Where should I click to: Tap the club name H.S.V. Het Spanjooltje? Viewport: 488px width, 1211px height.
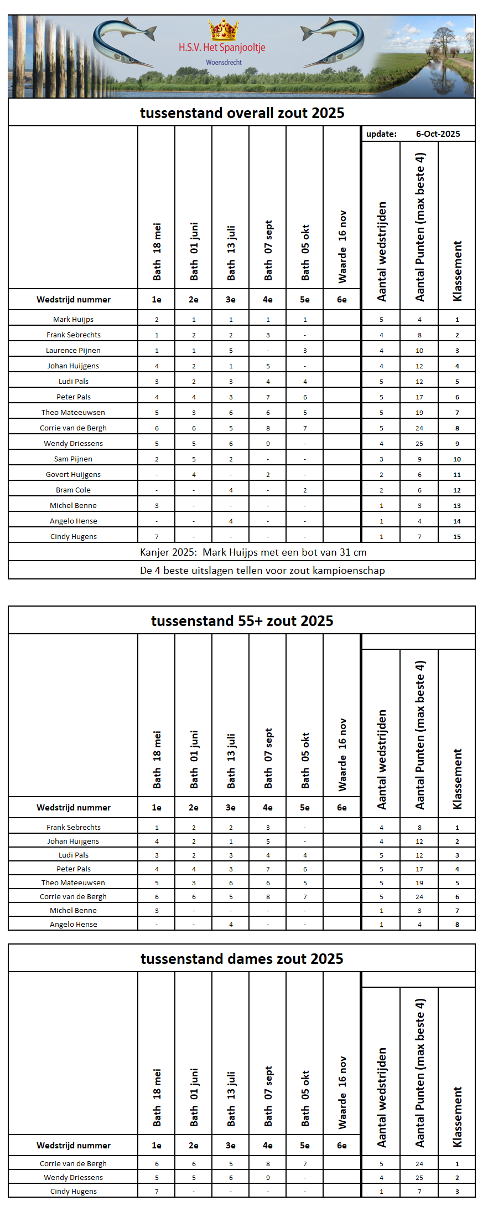[222, 48]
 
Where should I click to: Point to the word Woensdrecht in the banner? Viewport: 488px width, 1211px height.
[224, 63]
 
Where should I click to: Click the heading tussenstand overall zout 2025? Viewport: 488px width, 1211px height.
[242, 113]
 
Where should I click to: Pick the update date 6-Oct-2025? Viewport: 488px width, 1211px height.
[438, 134]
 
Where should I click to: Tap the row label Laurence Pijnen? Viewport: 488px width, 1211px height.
[73, 351]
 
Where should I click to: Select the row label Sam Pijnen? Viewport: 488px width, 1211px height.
[73, 459]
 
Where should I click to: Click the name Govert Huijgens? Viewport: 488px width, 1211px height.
[73, 475]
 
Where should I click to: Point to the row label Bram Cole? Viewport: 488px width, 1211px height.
[73, 490]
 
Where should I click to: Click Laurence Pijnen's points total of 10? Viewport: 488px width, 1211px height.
[419, 351]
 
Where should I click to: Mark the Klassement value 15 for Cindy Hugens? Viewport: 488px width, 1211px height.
[457, 537]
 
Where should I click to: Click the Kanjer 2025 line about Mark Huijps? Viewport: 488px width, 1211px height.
[253, 552]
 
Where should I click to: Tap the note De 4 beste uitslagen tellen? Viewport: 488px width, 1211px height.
[262, 571]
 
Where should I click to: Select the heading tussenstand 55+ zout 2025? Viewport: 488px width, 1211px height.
[242, 621]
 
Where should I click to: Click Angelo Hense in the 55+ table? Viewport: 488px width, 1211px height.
[73, 925]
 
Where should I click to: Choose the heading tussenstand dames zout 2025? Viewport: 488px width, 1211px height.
[242, 959]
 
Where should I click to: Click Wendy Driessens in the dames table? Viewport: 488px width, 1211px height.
[73, 1178]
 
